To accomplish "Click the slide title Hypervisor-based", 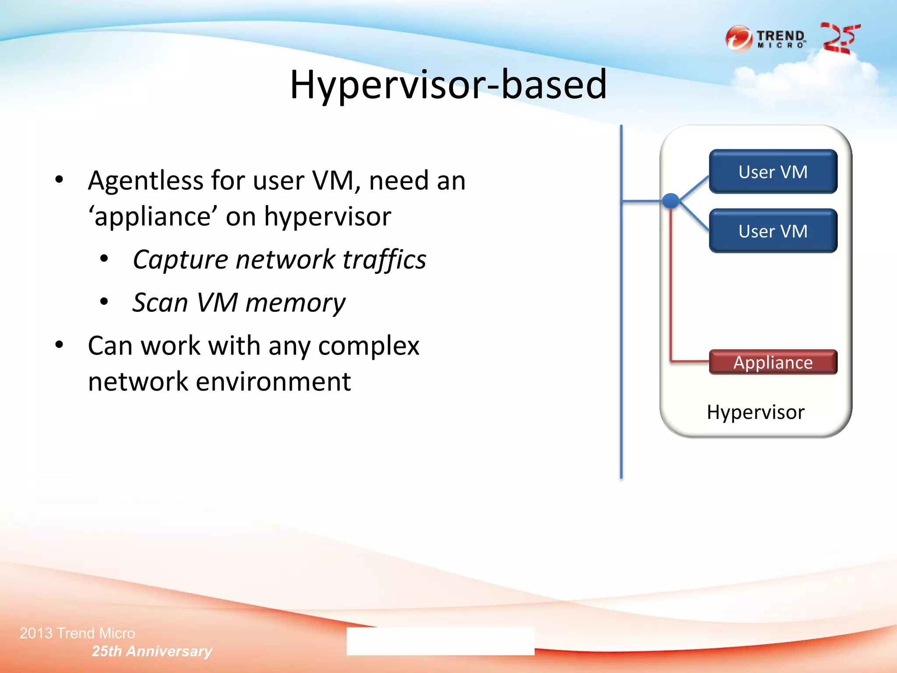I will coord(448,84).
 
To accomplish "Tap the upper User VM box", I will coord(773,172).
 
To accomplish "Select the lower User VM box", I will coord(773,231).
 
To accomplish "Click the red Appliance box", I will coord(773,362).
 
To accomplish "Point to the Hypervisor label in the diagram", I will coord(756,412).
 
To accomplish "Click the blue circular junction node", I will coord(671,201).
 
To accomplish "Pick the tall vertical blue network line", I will coord(621,351).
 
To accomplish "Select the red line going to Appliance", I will coord(671,298).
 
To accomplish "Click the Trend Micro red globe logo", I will coord(739,39).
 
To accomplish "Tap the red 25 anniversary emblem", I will coord(840,39).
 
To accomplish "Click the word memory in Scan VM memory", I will coord(295,303).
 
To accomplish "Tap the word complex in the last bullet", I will coord(368,346).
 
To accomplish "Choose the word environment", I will coord(273,382).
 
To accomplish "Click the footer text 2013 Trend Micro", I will coord(78,633).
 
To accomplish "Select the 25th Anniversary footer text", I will coord(152,651).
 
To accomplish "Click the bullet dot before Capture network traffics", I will coord(104,259).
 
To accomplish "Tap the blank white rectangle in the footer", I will coord(440,641).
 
